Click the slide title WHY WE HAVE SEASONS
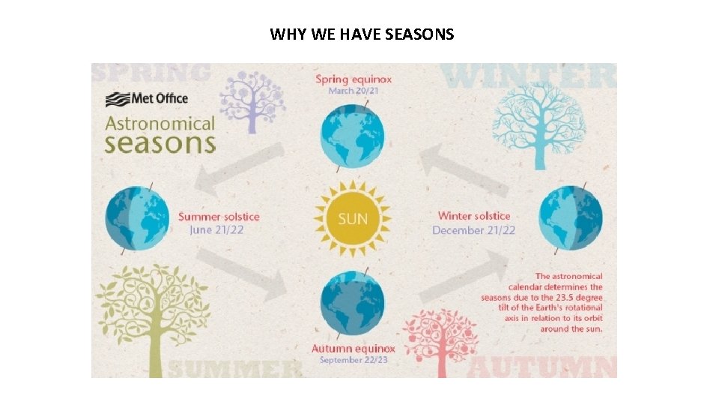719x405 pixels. point(362,34)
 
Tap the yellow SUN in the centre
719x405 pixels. point(353,218)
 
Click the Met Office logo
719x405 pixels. point(147,99)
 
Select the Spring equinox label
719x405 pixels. point(354,79)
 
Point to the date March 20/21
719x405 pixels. point(354,91)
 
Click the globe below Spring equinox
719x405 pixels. point(352,136)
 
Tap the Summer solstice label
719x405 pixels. point(219,217)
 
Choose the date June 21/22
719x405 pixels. point(217,229)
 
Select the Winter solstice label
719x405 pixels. point(474,216)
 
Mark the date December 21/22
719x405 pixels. point(473,229)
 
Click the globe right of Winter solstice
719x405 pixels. point(571,217)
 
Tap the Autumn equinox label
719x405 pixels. point(354,349)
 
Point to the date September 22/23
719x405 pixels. point(354,360)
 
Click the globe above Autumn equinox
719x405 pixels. point(352,303)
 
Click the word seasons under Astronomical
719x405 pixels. point(160,142)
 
